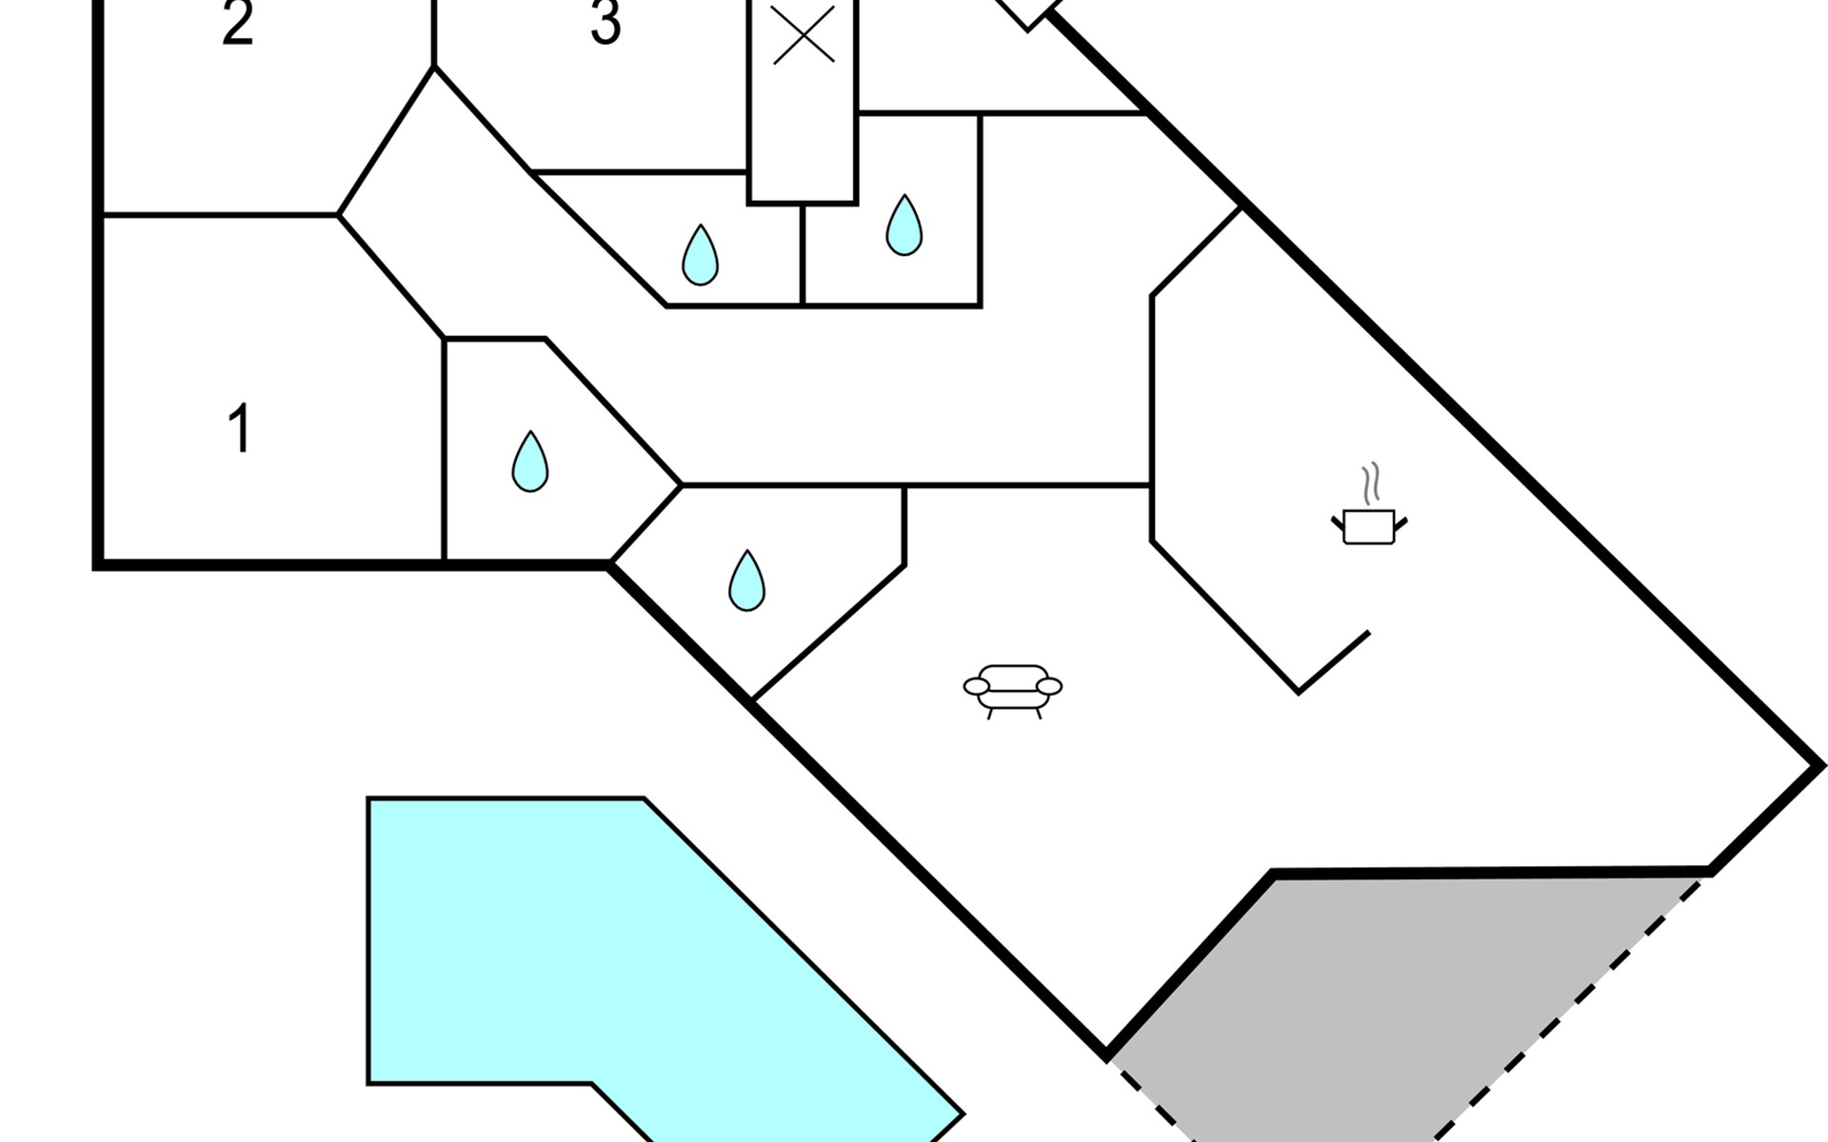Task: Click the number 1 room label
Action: click(x=240, y=428)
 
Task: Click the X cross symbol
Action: click(x=804, y=35)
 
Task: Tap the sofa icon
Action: click(x=1013, y=691)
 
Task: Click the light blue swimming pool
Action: click(x=628, y=961)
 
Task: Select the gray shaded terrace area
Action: click(x=1409, y=999)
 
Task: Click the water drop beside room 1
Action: click(x=530, y=462)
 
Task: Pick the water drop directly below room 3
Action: click(x=701, y=255)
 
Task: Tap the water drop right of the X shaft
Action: click(x=904, y=226)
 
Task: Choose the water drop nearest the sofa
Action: click(x=746, y=581)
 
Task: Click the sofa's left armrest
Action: click(x=977, y=686)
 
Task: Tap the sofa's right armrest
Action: click(x=1048, y=686)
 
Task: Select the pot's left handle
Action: click(x=1338, y=523)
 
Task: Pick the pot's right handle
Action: click(x=1401, y=523)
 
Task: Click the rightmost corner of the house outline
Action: click(x=1820, y=764)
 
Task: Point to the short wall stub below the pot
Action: click(x=1334, y=661)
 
